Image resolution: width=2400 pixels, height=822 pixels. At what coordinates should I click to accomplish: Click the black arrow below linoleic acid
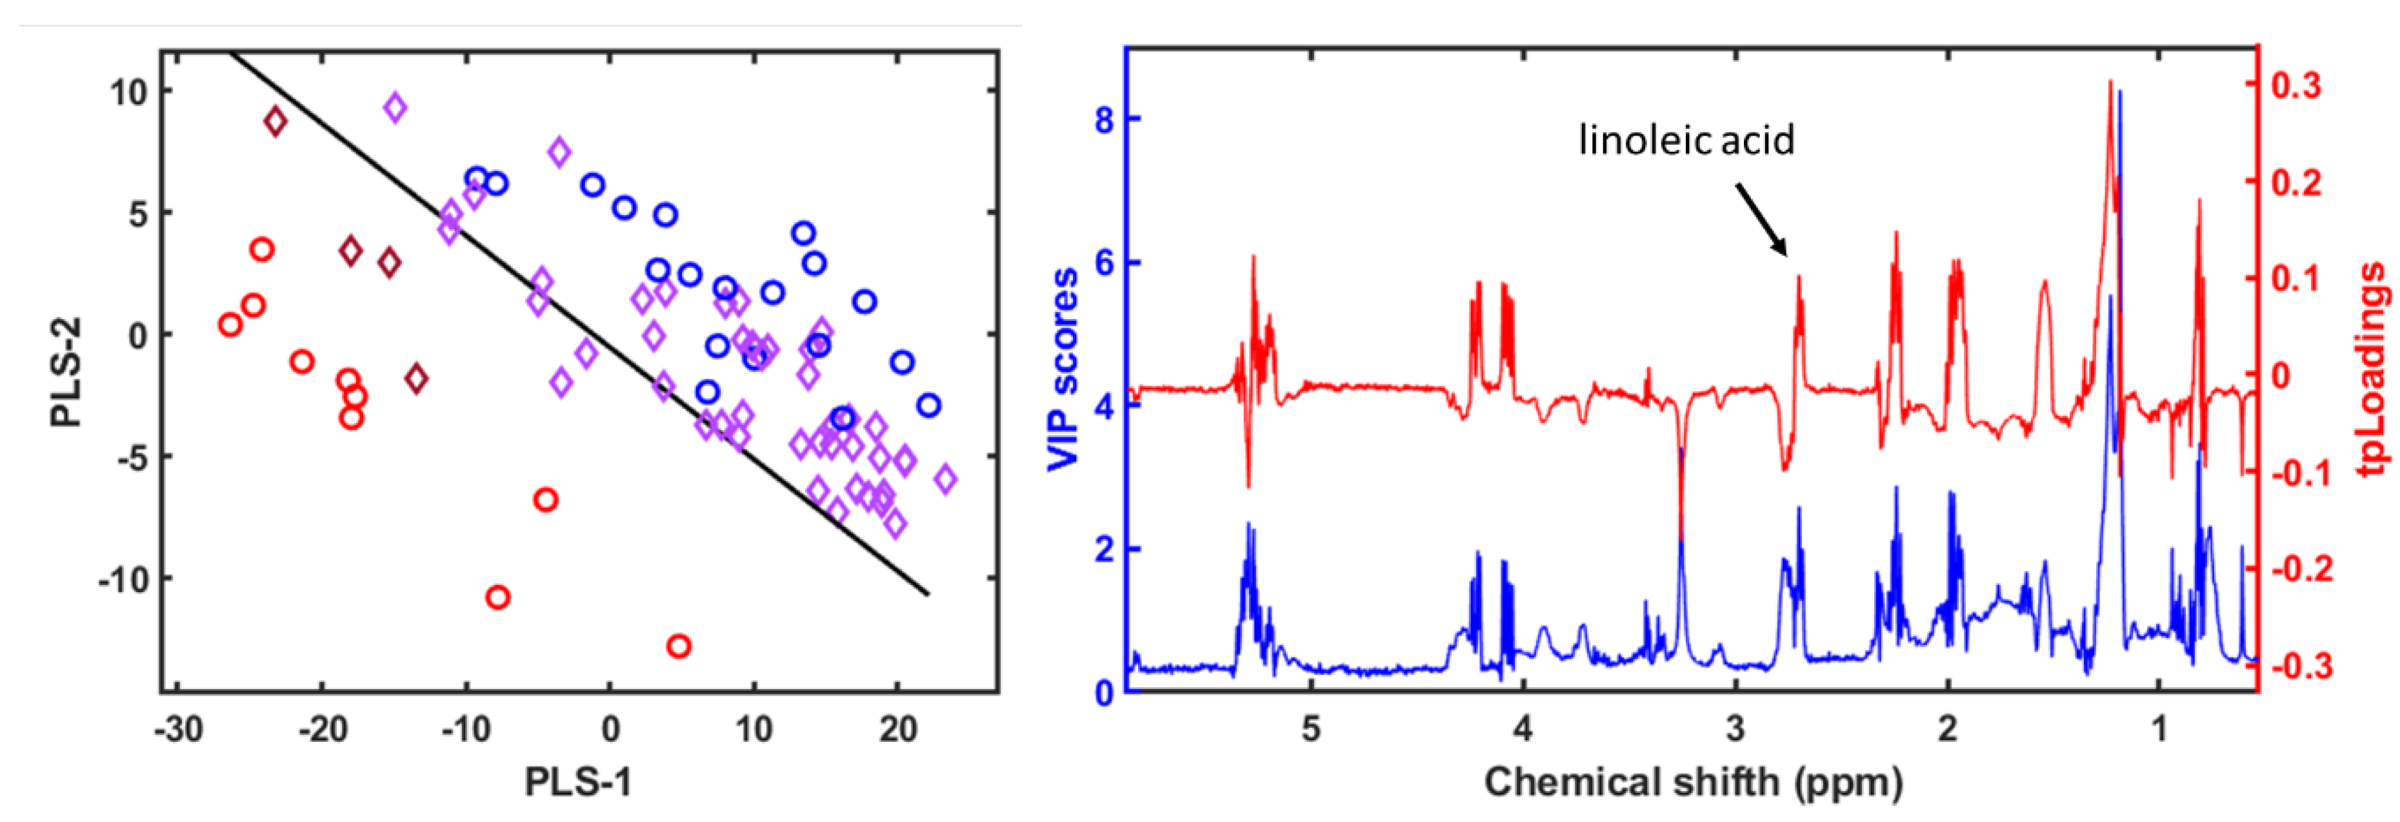[1761, 219]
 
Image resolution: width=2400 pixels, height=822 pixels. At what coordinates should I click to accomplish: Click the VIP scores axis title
[1062, 370]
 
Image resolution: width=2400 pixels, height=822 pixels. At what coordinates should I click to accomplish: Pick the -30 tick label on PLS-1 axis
[178, 730]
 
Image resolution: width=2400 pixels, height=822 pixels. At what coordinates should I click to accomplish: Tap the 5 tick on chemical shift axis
[1311, 729]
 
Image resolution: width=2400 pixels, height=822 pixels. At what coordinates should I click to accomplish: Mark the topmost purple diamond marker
[395, 107]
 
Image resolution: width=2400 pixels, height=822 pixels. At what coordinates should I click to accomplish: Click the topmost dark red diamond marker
[275, 121]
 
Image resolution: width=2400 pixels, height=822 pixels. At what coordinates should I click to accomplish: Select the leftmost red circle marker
[230, 324]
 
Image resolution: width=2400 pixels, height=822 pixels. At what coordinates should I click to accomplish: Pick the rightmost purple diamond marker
[946, 479]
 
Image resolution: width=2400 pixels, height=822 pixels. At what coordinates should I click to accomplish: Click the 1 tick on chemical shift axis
[2159, 729]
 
